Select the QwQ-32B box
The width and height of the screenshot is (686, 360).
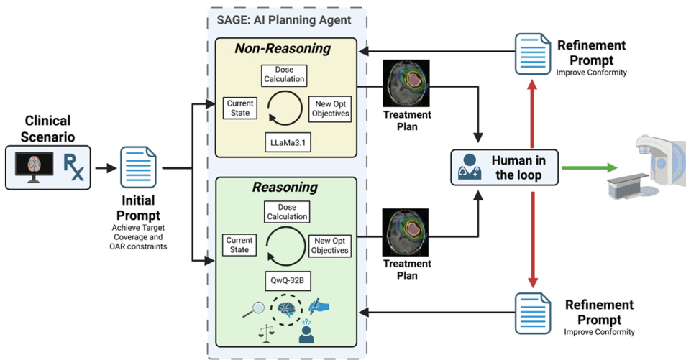click(x=286, y=277)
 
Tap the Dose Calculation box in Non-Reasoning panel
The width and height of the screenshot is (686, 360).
click(x=286, y=74)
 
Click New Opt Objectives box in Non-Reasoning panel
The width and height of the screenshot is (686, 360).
click(x=330, y=107)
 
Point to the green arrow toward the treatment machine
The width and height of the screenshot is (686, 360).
click(x=588, y=167)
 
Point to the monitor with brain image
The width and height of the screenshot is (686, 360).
click(x=32, y=167)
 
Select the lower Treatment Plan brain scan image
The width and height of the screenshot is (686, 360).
click(x=406, y=232)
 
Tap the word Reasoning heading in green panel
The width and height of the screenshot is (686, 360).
click(x=284, y=188)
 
